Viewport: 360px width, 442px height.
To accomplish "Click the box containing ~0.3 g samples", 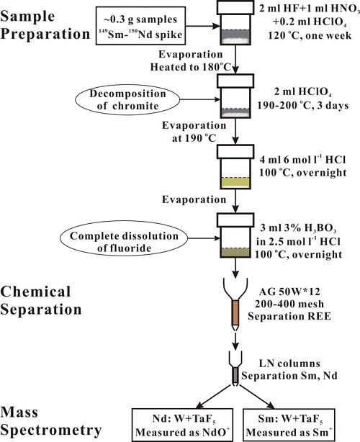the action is pyautogui.click(x=140, y=26).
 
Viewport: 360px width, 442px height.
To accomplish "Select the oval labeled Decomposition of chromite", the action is pyautogui.click(x=127, y=100).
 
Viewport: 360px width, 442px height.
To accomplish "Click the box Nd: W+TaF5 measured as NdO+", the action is pyautogui.click(x=183, y=425).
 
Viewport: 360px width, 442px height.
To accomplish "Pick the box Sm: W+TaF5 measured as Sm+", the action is pyautogui.click(x=289, y=425).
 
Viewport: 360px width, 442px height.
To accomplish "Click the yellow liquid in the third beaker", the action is pyautogui.click(x=235, y=183).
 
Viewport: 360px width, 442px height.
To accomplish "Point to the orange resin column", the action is pyautogui.click(x=235, y=312).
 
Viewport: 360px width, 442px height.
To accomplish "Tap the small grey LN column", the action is pyautogui.click(x=235, y=375).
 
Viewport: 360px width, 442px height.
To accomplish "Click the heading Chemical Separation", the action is pyautogui.click(x=41, y=300).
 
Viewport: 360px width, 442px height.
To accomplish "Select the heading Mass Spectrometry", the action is pyautogui.click(x=50, y=422).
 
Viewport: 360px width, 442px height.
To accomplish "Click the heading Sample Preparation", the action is pyautogui.click(x=45, y=25).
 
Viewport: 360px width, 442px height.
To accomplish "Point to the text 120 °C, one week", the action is pyautogui.click(x=310, y=35).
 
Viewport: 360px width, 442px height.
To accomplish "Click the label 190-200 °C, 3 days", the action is pyautogui.click(x=303, y=105).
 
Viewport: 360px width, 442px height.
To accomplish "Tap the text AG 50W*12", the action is pyautogui.click(x=289, y=292).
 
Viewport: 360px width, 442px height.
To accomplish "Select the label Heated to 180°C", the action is pyautogui.click(x=191, y=67).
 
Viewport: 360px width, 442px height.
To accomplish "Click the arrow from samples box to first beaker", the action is pyautogui.click(x=203, y=26).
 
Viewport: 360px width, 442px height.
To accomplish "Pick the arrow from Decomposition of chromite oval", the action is pyautogui.click(x=200, y=99).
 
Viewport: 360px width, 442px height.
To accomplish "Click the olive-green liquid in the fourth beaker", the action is pyautogui.click(x=235, y=253).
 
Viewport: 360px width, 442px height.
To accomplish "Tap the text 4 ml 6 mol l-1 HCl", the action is pyautogui.click(x=302, y=160).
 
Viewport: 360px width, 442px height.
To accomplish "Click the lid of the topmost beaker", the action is pyautogui.click(x=235, y=7).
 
